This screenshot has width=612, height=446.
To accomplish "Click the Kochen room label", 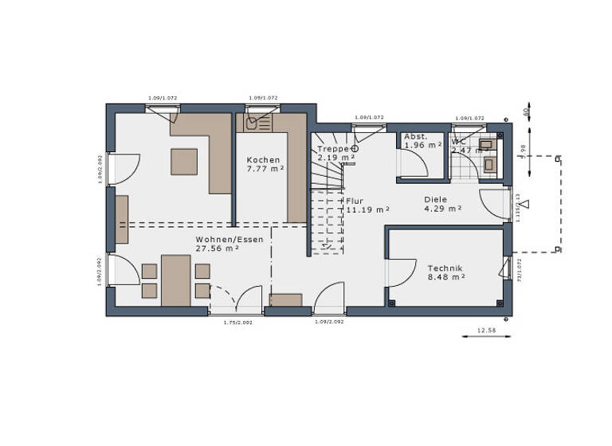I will coord(263,160).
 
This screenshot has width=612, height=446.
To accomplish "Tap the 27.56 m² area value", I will coord(218,248).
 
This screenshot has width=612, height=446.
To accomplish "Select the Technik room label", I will coord(445,268).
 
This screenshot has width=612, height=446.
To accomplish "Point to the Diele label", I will coord(435,200).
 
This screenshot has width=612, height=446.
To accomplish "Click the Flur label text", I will coord(355,201).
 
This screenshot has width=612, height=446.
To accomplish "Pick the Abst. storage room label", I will coord(416,136).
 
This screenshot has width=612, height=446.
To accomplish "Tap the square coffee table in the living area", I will coord(184,161).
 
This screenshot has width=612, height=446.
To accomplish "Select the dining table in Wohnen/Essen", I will coord(176,280).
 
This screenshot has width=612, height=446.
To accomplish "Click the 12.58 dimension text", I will coord(486,330).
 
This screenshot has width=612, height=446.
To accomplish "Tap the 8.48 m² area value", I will coord(445,278).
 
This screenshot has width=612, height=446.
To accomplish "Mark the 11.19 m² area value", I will coord(367,209).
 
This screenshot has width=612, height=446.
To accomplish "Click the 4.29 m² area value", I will coord(442,209).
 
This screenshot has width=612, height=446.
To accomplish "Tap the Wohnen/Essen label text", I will coord(218,239).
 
